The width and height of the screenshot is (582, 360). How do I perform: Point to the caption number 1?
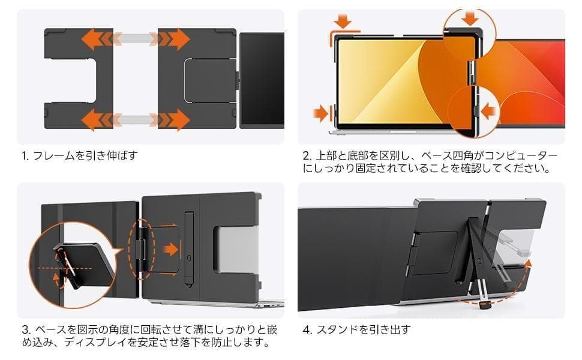click(x=24, y=156)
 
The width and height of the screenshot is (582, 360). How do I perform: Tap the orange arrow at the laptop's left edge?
click(x=320, y=112)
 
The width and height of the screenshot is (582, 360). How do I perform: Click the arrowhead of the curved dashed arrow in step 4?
click(x=527, y=262)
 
